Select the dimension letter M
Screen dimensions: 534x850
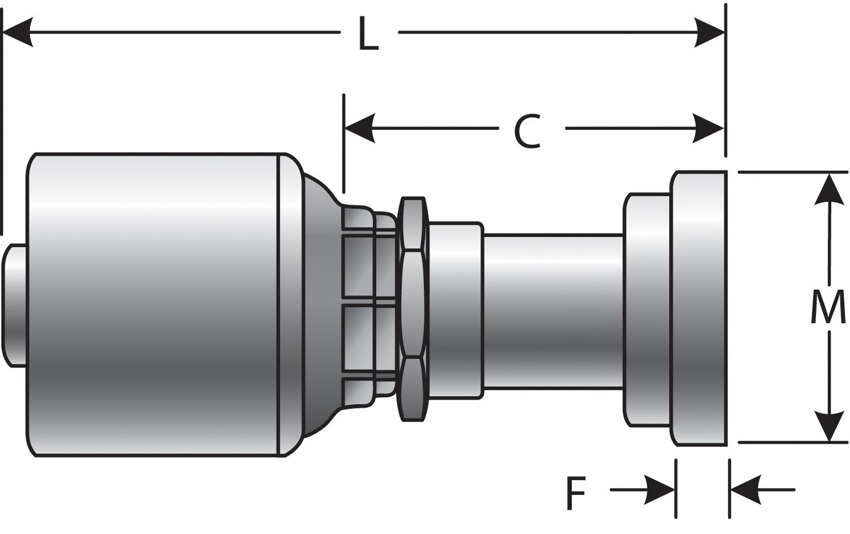coord(828,308)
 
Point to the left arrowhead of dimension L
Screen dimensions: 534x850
coord(18,32)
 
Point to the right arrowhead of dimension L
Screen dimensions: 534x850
coord(710,32)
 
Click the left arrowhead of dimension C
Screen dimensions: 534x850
coord(360,128)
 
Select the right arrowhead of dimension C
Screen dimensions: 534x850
coord(709,128)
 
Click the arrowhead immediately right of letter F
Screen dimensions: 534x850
coord(660,489)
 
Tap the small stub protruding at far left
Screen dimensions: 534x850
coord(15,305)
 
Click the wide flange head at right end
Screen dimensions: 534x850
coord(699,309)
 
